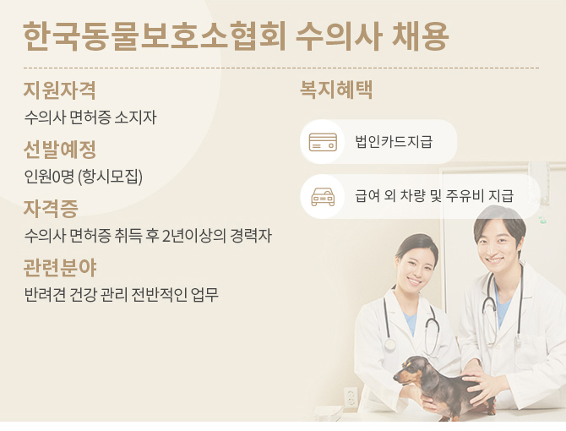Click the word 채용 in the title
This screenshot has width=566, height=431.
[421, 36]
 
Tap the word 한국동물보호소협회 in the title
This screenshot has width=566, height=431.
[155, 36]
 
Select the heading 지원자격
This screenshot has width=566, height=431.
[60, 90]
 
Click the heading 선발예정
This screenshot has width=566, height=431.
[60, 149]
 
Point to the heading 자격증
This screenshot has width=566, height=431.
[51, 208]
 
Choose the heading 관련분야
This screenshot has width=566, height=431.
[60, 268]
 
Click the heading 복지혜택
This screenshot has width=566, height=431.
[336, 90]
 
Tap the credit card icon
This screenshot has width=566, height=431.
[323, 142]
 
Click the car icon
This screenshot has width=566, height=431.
[323, 197]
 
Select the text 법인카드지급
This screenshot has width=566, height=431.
[394, 141]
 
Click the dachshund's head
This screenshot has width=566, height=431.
[411, 371]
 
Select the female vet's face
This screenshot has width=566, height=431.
[416, 266]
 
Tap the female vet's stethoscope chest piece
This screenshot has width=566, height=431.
[389, 344]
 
